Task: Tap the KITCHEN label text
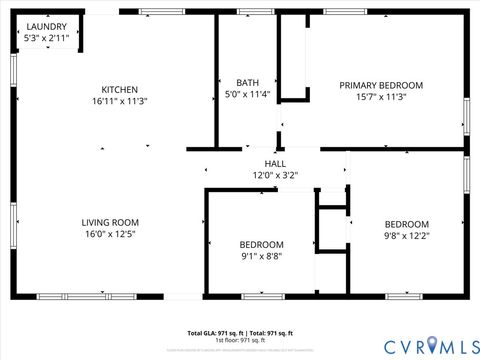tap(120, 89)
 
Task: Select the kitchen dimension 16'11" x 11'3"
tap(120, 101)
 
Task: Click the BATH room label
tap(247, 83)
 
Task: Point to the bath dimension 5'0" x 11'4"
tap(247, 95)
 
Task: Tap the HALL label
tap(275, 163)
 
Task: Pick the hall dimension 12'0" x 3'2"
tap(275, 175)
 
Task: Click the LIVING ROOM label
tap(110, 222)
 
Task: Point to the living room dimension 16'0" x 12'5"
tap(110, 234)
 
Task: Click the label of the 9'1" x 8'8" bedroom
tap(261, 244)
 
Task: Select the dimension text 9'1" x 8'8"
tap(261, 256)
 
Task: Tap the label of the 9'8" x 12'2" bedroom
tap(407, 224)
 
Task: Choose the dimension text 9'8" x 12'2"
tap(407, 236)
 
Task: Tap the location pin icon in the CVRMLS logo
tap(432, 346)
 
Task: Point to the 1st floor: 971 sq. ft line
tap(240, 340)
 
